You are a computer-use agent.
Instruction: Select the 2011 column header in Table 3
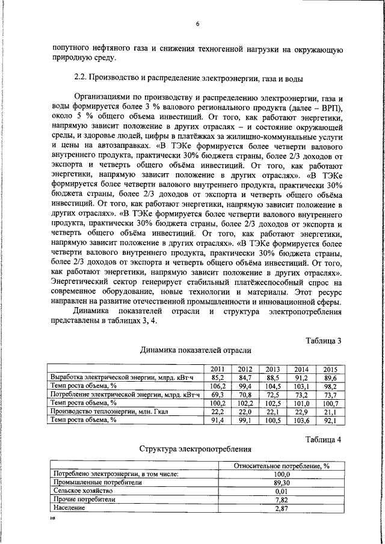point(217,369)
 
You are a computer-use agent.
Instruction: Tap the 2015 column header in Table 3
point(330,369)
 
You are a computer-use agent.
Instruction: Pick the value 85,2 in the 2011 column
point(217,377)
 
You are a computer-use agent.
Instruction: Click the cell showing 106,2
point(217,386)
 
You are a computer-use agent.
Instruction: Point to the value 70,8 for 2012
point(245,394)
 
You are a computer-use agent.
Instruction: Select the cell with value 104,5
point(273,386)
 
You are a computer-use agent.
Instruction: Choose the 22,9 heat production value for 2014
point(301,412)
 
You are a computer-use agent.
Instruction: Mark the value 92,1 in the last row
point(330,420)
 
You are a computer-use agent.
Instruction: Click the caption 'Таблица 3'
point(323,341)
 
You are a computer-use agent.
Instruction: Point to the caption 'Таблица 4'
point(323,439)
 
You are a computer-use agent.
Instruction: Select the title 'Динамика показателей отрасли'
point(196,350)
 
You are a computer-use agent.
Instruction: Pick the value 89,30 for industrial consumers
point(277,483)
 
